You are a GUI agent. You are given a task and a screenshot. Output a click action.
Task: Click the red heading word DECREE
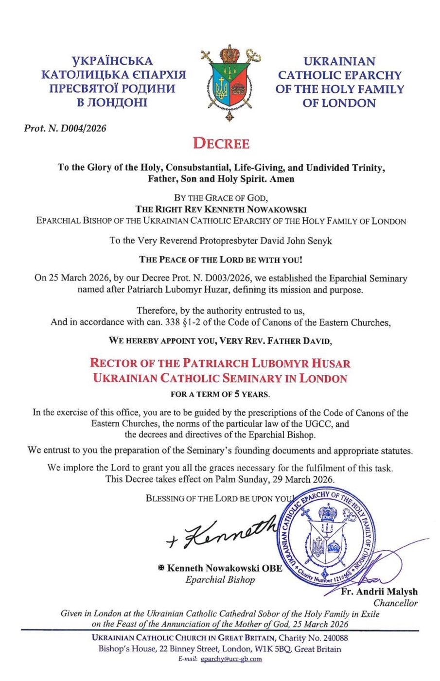point(221,144)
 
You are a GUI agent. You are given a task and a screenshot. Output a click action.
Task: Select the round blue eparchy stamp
point(328,539)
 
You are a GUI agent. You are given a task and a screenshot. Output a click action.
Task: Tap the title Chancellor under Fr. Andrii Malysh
point(395,603)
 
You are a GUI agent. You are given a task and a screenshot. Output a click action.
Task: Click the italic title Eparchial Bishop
point(220,579)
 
